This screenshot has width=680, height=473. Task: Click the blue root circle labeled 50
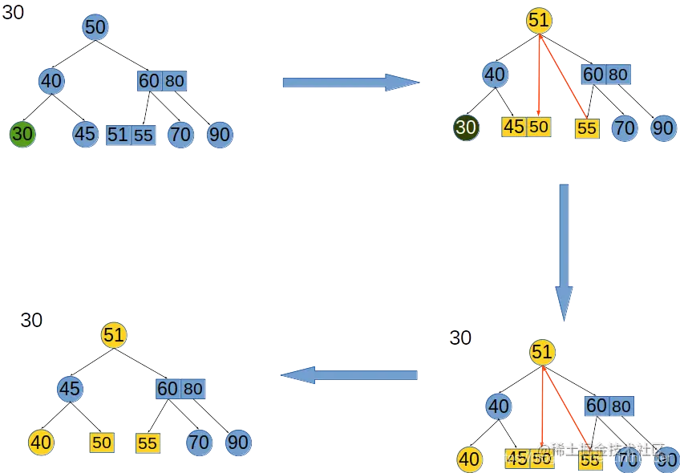[95, 27]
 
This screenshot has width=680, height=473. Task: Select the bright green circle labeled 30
[22, 134]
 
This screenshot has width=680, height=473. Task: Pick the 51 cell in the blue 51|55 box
[118, 135]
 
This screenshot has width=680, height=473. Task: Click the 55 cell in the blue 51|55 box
[144, 135]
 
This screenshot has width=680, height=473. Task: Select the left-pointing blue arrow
[350, 374]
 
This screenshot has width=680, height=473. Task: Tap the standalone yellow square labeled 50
[101, 443]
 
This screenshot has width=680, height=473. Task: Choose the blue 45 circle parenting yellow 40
[70, 390]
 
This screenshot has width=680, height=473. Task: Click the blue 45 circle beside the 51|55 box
[84, 134]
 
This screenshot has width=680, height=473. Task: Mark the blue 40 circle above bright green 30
[51, 81]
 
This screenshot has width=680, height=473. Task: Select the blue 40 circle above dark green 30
[496, 75]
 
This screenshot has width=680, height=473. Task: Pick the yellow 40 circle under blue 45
[40, 442]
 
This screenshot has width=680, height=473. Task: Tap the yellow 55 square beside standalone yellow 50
[148, 443]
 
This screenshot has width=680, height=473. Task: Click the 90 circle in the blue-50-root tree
[220, 135]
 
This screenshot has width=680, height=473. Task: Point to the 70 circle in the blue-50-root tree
[180, 135]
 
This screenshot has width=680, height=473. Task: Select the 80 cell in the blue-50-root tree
[175, 81]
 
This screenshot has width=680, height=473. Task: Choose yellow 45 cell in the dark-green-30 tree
[513, 127]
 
